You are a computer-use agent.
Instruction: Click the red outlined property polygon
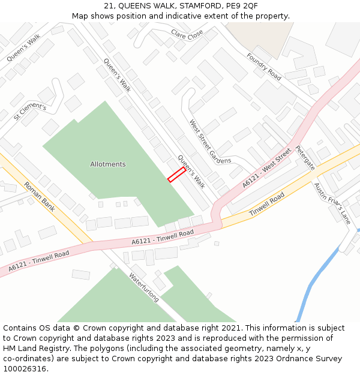tap(176, 174)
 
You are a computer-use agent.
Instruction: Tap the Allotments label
tap(108, 164)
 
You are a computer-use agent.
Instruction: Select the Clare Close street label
tap(187, 36)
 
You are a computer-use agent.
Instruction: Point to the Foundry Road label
tap(263, 67)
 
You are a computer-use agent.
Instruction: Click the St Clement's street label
tap(29, 112)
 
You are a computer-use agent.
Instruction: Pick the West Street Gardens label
tap(209, 142)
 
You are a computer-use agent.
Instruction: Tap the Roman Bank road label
tap(40, 196)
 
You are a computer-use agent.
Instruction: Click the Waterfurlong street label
tap(144, 287)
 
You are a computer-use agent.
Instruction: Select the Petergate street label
tap(305, 157)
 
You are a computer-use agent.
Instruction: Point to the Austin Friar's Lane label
tap(332, 203)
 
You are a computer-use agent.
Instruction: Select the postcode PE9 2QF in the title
tap(242, 6)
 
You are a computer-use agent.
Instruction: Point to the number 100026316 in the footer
tap(25, 369)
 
